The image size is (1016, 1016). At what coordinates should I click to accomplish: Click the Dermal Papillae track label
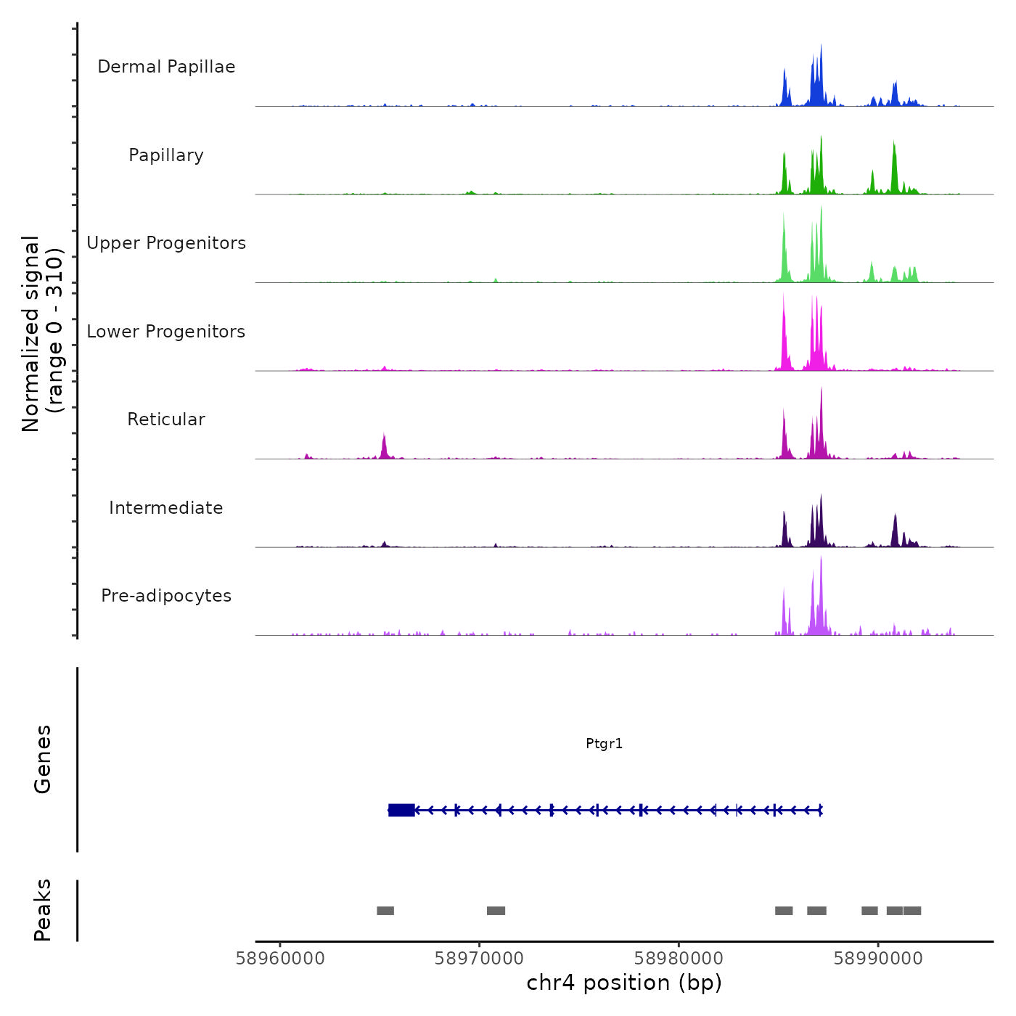(x=166, y=67)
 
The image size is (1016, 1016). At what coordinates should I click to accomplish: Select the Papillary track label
(x=166, y=155)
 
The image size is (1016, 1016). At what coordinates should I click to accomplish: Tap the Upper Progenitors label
(x=166, y=243)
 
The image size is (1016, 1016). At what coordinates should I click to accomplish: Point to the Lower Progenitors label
(x=166, y=332)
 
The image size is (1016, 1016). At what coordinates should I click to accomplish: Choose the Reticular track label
(x=166, y=419)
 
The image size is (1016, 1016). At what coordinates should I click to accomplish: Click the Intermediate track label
(x=166, y=508)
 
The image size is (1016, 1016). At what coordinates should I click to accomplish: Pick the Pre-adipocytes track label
(x=166, y=596)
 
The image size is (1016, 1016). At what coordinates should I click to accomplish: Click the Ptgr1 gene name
(x=604, y=744)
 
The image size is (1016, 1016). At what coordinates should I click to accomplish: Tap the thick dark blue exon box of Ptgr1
(x=401, y=810)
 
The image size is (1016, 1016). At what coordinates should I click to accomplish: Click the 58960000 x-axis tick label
(x=280, y=959)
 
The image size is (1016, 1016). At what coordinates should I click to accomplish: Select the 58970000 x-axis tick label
(x=479, y=959)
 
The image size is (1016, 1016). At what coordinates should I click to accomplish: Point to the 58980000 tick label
(x=679, y=959)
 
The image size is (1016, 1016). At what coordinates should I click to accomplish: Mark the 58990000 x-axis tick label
(x=878, y=959)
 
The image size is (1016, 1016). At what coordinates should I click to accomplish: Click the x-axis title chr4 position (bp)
(x=624, y=983)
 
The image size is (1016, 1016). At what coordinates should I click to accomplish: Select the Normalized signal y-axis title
(x=42, y=334)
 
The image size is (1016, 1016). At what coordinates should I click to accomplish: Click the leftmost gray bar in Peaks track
(x=385, y=911)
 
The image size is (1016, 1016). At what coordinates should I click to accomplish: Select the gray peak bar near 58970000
(x=496, y=911)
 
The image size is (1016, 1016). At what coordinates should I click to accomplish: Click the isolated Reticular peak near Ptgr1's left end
(x=384, y=446)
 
